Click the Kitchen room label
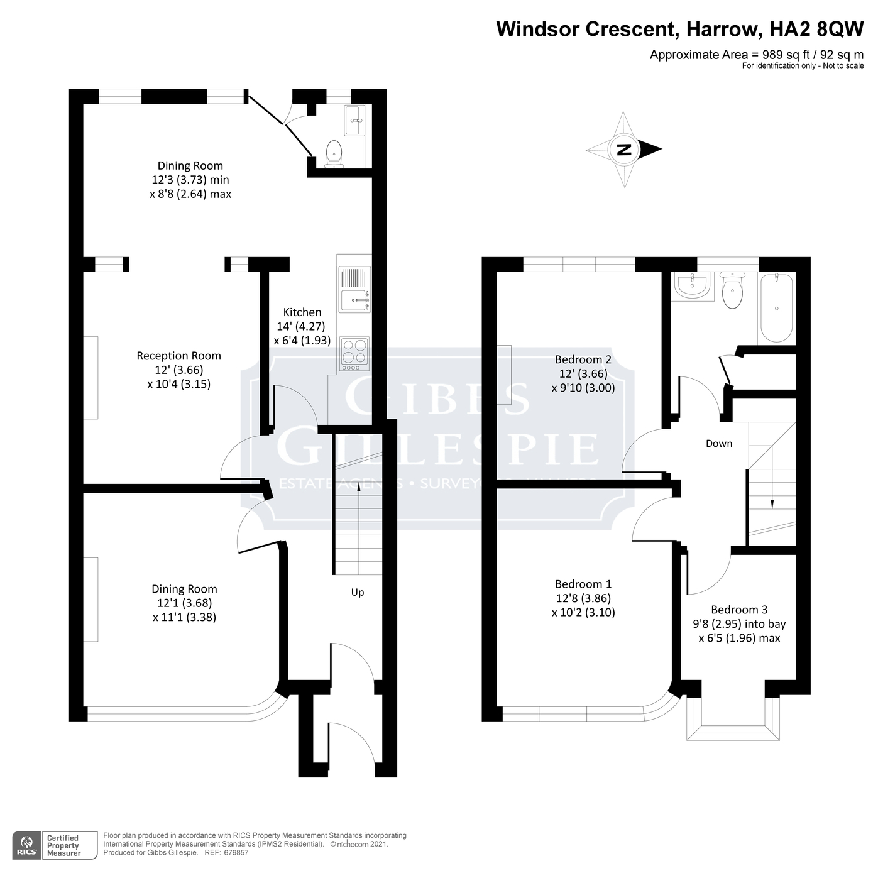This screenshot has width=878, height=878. pos(302,312)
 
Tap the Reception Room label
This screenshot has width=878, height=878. pos(178,356)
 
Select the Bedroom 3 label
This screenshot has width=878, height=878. pos(739,610)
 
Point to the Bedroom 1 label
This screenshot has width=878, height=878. pos(583,584)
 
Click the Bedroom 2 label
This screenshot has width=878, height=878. pos(583,359)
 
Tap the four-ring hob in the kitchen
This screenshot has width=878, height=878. pos(354,353)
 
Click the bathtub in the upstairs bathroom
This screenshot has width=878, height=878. pos(777,308)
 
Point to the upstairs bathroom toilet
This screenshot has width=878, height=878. pos(732,291)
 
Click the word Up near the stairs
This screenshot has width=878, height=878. pos(357,593)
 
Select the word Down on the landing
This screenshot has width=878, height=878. pos(718,444)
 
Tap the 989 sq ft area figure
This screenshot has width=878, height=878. pos(783,55)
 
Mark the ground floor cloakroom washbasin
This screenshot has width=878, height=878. pos(354,120)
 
